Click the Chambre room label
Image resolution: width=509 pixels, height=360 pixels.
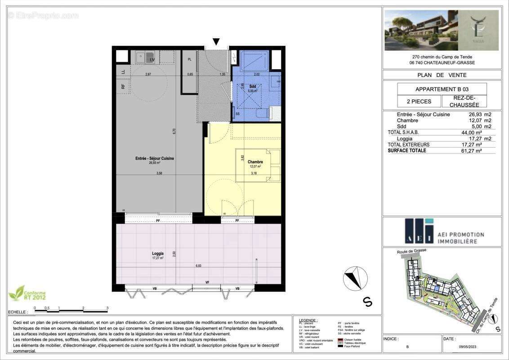[255, 162]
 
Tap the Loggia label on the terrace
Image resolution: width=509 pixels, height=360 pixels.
[157, 254]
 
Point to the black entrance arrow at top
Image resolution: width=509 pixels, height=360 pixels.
[216, 42]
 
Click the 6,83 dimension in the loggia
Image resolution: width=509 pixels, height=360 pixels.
[198, 266]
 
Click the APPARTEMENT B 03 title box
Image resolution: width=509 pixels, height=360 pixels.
[442, 89]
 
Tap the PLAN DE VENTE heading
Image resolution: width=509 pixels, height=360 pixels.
[442, 75]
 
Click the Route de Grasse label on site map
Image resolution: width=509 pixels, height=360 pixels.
[412, 251]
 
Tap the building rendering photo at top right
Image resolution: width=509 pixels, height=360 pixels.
[442, 30]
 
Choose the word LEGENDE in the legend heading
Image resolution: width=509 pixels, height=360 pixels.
[308, 320]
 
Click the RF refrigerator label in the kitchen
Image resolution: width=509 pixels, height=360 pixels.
[122, 86]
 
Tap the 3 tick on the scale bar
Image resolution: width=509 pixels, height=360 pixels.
[107, 309]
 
